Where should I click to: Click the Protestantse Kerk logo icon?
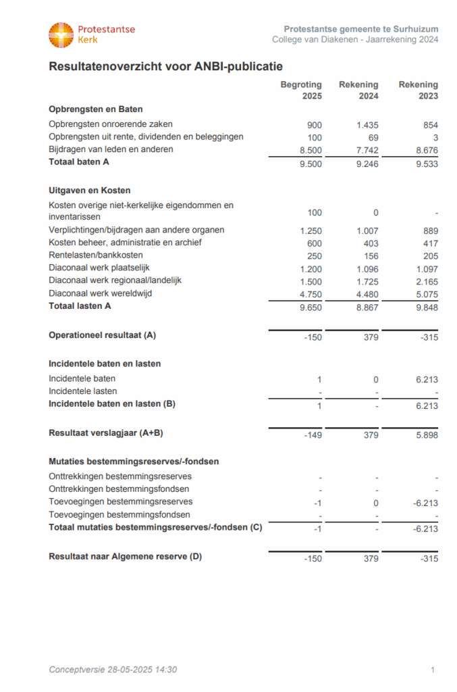pos(61,34)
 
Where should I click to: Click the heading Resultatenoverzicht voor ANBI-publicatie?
pos(165,66)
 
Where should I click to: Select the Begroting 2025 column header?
pos(301,91)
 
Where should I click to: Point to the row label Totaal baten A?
pos(78,162)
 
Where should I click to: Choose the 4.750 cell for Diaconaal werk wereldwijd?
pos(311,293)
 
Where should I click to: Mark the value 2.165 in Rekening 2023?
pos(425,280)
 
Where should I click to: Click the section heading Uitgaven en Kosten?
pos(90,191)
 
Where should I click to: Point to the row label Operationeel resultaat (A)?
pos(103,335)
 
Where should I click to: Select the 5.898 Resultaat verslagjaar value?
pos(425,435)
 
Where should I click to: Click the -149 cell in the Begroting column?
pos(313,435)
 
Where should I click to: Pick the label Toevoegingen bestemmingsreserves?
pos(121,501)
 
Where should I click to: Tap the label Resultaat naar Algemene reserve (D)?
pos(125,557)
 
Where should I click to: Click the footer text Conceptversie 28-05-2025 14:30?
pos(113,670)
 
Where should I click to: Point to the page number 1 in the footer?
pos(432,670)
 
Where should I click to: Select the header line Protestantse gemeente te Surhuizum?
pos(361,29)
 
